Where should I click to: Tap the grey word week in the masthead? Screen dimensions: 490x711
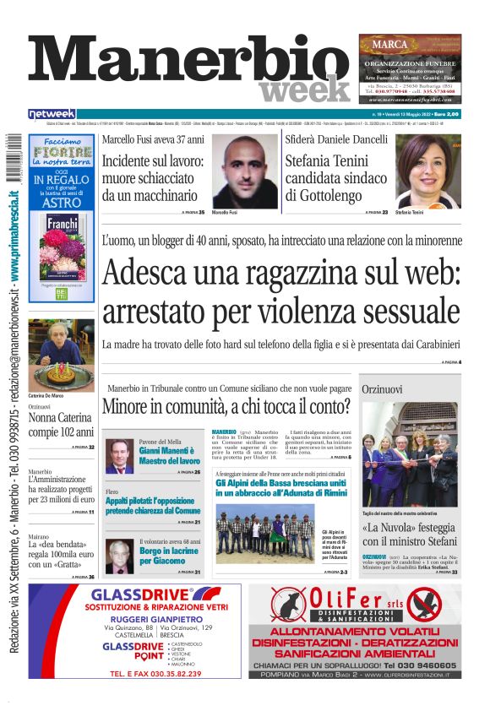[304, 90]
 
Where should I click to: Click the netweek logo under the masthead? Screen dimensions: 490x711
[52, 114]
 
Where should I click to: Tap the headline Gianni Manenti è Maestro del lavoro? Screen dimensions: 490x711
[170, 457]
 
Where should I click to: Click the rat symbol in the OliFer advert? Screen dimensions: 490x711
[295, 605]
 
